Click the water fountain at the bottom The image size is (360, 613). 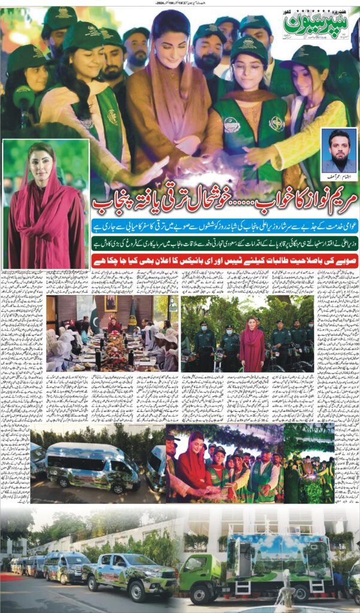click(282, 592)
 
